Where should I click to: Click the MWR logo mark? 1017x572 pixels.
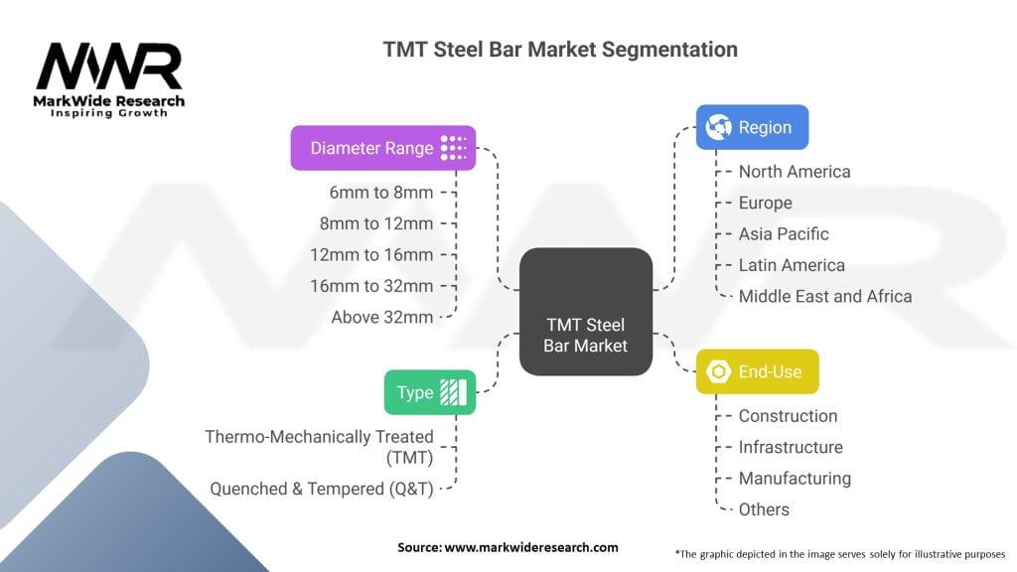(x=109, y=66)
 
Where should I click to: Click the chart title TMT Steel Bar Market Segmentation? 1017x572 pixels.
(x=560, y=50)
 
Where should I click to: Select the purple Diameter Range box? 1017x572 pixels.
(x=383, y=148)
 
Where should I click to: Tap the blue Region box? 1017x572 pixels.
(x=753, y=127)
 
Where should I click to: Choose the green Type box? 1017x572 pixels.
(x=430, y=392)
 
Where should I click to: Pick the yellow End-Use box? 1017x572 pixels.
(x=758, y=371)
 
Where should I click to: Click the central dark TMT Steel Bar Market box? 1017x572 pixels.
(x=586, y=311)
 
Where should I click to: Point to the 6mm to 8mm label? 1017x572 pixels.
(x=381, y=193)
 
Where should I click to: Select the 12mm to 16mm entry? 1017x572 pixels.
(x=371, y=255)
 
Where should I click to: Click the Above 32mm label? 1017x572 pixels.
(x=382, y=317)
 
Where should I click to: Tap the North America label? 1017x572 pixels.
(x=795, y=172)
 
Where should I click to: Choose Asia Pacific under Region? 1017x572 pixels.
(x=784, y=234)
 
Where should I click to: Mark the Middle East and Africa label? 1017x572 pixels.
(x=825, y=296)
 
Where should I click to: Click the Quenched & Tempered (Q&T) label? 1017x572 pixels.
(x=322, y=489)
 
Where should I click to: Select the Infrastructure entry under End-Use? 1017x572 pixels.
(x=791, y=448)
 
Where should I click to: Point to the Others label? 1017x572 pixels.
(x=764, y=509)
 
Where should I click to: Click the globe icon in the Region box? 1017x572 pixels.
(x=719, y=127)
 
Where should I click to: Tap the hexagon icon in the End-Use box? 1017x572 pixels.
(x=719, y=371)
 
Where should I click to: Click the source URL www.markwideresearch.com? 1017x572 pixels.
(x=531, y=547)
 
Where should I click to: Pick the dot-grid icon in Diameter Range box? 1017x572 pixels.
(x=453, y=148)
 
